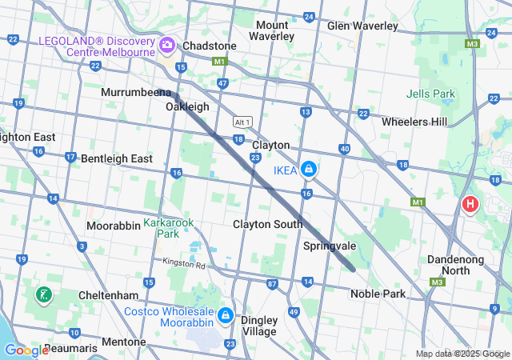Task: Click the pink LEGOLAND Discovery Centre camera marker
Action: pyautogui.click(x=167, y=45)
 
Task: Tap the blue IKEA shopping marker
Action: pyautogui.click(x=308, y=170)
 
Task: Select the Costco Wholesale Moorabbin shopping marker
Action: pyautogui.click(x=225, y=316)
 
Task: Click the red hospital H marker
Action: pyautogui.click(x=470, y=205)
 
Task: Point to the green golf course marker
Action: pyautogui.click(x=42, y=295)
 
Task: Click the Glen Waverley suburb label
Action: pyautogui.click(x=362, y=26)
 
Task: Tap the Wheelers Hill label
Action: pyautogui.click(x=414, y=122)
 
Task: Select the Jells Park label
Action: pyautogui.click(x=430, y=94)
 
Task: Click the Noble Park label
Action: pyautogui.click(x=378, y=294)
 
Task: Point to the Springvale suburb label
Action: pyautogui.click(x=330, y=246)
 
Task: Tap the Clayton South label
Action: pyautogui.click(x=267, y=224)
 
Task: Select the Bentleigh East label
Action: pyautogui.click(x=116, y=158)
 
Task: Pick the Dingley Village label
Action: pyautogui.click(x=258, y=326)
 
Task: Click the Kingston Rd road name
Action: pyautogui.click(x=184, y=263)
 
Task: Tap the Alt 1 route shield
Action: pyautogui.click(x=242, y=122)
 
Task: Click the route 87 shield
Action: pyautogui.click(x=273, y=284)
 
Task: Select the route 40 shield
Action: pyautogui.click(x=344, y=149)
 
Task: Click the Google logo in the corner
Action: pyautogui.click(x=26, y=350)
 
